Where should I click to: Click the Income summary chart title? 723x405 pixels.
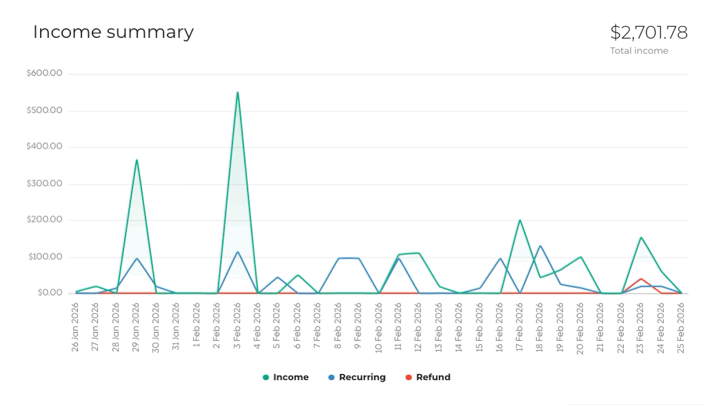click(113, 32)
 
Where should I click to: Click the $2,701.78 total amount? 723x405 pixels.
click(649, 32)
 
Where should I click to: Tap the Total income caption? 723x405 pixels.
click(639, 51)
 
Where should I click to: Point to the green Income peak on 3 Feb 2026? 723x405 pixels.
click(238, 92)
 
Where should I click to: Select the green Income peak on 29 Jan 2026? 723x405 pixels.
click(136, 160)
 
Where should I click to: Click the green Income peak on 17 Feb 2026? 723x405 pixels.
click(520, 220)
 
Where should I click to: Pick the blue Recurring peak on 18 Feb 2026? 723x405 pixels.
click(540, 246)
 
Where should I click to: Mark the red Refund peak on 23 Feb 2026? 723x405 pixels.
click(641, 279)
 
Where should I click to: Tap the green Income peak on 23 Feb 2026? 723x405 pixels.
click(641, 238)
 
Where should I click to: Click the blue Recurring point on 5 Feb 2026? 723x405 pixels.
click(278, 278)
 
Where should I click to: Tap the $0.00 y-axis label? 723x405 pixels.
click(48, 293)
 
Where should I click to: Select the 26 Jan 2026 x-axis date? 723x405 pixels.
click(76, 327)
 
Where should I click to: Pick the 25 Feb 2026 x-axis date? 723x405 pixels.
click(682, 327)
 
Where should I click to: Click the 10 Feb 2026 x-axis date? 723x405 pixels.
click(378, 327)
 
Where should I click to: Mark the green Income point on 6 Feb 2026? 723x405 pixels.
click(298, 276)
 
